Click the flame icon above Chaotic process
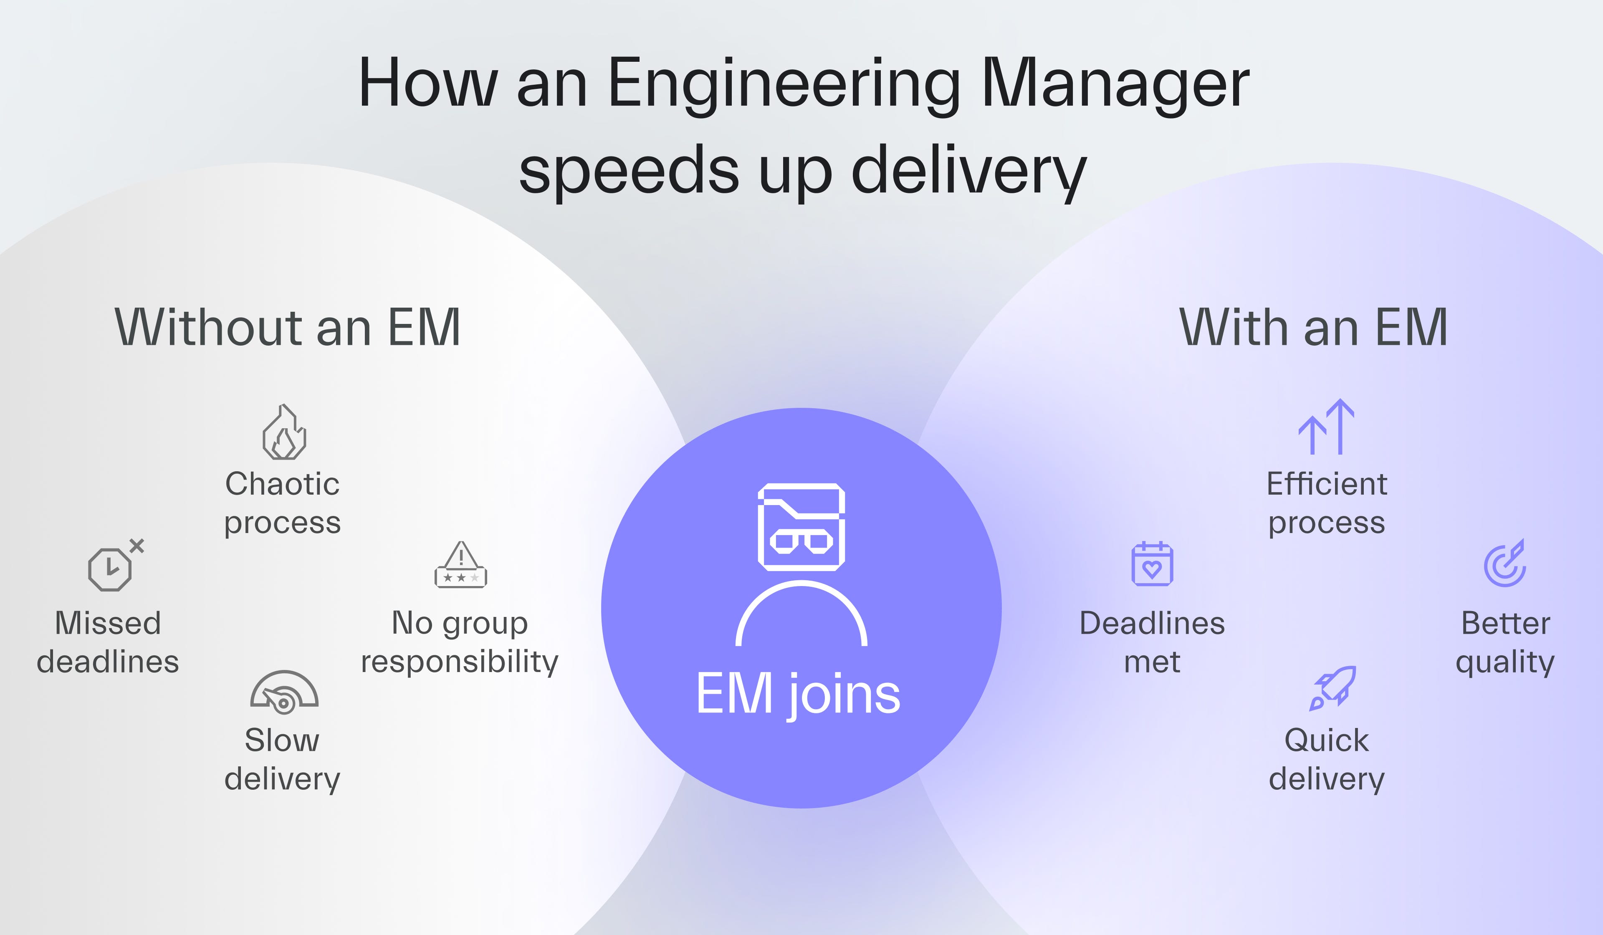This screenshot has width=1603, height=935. click(284, 432)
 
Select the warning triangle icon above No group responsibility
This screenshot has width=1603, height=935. click(460, 565)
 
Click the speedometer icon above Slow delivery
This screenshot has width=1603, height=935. click(284, 691)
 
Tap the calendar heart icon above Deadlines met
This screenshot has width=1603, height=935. click(1152, 564)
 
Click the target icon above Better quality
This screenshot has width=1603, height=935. click(1505, 564)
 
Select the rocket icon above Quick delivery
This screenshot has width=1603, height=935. click(1332, 688)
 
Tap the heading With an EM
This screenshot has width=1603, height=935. click(1314, 328)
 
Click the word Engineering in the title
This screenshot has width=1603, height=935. click(784, 85)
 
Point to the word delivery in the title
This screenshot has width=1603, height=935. click(968, 170)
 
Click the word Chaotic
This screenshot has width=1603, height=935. click(283, 484)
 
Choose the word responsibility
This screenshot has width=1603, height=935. click(459, 662)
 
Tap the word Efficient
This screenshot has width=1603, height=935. click(1326, 484)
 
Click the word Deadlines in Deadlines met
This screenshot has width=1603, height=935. click(1152, 623)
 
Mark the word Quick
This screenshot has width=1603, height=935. click(1326, 740)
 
